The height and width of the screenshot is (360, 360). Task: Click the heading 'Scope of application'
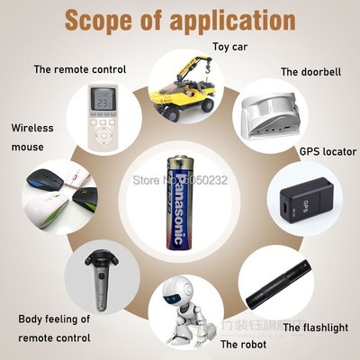pyautogui.click(x=180, y=19)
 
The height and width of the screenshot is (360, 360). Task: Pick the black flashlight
pyautogui.click(x=279, y=288)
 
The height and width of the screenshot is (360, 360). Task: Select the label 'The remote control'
pyautogui.click(x=79, y=68)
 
